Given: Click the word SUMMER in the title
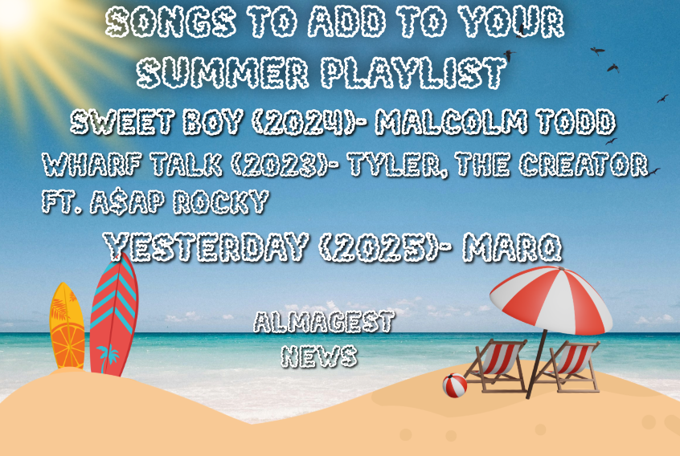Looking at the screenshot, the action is [222, 73].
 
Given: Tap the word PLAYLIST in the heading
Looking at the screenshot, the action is [414, 73].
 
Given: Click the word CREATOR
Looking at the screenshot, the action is [584, 165].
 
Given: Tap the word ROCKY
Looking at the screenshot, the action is [221, 202].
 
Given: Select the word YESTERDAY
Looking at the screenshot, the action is [206, 246].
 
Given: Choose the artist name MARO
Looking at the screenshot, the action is [512, 246].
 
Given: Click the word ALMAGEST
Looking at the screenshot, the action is [324, 322].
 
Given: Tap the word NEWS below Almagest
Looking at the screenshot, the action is [319, 356].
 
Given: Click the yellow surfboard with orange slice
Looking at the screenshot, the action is [68, 326].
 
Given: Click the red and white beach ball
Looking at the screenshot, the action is [454, 385].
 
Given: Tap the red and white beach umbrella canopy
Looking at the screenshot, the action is [551, 299].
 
